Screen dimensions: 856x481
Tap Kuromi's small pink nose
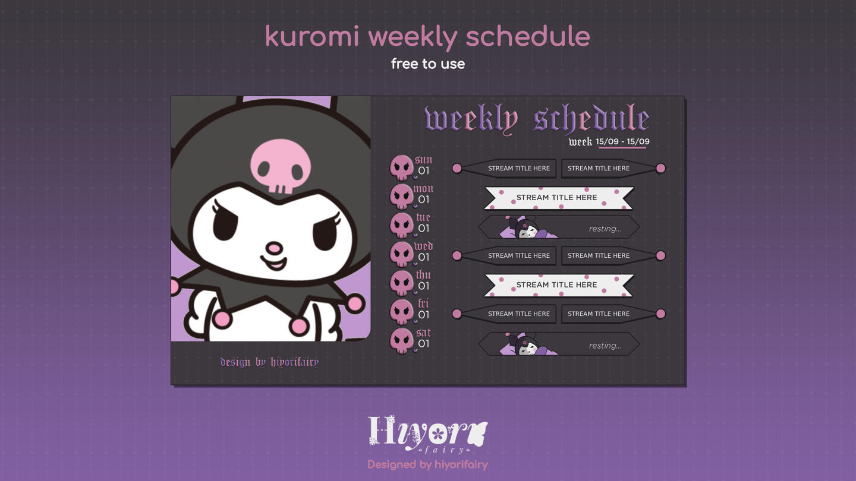pyautogui.click(x=274, y=248)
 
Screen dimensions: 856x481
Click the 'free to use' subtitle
pyautogui.click(x=428, y=64)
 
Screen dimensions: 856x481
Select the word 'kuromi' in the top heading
pyautogui.click(x=312, y=37)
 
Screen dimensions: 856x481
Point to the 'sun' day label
pyautogui.click(x=423, y=160)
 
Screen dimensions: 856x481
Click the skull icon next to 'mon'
pyautogui.click(x=401, y=197)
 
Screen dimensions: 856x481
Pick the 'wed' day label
pyautogui.click(x=423, y=246)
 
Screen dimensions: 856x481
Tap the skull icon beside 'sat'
pyautogui.click(x=401, y=341)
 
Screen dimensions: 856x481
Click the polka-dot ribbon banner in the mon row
pyautogui.click(x=559, y=198)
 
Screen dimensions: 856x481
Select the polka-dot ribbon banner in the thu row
pyautogui.click(x=559, y=285)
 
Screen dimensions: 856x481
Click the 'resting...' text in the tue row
pyautogui.click(x=605, y=229)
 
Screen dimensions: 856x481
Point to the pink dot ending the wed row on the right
pyautogui.click(x=660, y=256)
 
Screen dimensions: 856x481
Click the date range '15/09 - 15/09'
pyautogui.click(x=622, y=141)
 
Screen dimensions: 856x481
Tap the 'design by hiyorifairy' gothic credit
pyautogui.click(x=269, y=362)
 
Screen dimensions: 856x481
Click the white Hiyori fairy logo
pyautogui.click(x=427, y=435)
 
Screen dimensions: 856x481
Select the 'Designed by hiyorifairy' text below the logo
pyautogui.click(x=427, y=465)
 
